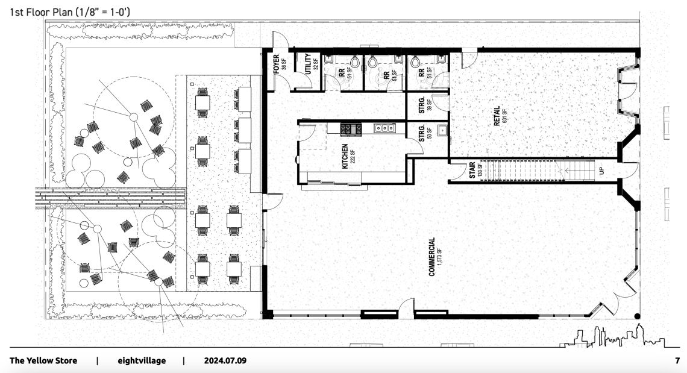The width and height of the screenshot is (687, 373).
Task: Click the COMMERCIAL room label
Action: click(432, 257)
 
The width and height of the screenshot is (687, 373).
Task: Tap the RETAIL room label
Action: click(497, 116)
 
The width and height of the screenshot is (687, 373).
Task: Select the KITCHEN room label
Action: click(345, 157)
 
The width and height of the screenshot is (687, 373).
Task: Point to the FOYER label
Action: click(277, 64)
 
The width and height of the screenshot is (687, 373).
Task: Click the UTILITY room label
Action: click(308, 64)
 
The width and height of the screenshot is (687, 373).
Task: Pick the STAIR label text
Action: click(472, 170)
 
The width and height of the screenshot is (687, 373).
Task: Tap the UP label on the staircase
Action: click(601, 170)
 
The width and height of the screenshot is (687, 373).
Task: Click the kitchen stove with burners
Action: click(351, 128)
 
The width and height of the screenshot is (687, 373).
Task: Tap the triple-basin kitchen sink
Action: click(384, 128)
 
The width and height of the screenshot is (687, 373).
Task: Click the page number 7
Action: click(677, 361)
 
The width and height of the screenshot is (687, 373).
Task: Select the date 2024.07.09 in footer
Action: click(225, 361)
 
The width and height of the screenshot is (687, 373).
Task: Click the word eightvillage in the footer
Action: click(142, 361)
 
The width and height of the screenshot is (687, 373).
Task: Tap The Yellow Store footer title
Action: click(43, 361)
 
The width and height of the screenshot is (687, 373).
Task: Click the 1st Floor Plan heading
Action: click(70, 12)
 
